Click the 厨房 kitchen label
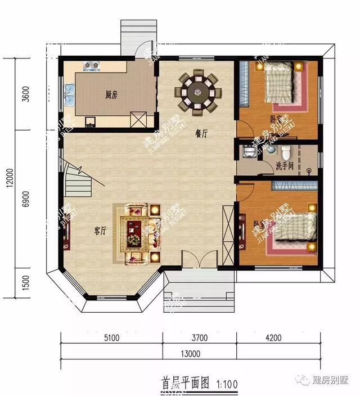(111, 94)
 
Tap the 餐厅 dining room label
(202, 134)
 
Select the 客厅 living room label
(101, 229)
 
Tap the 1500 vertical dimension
(24, 285)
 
